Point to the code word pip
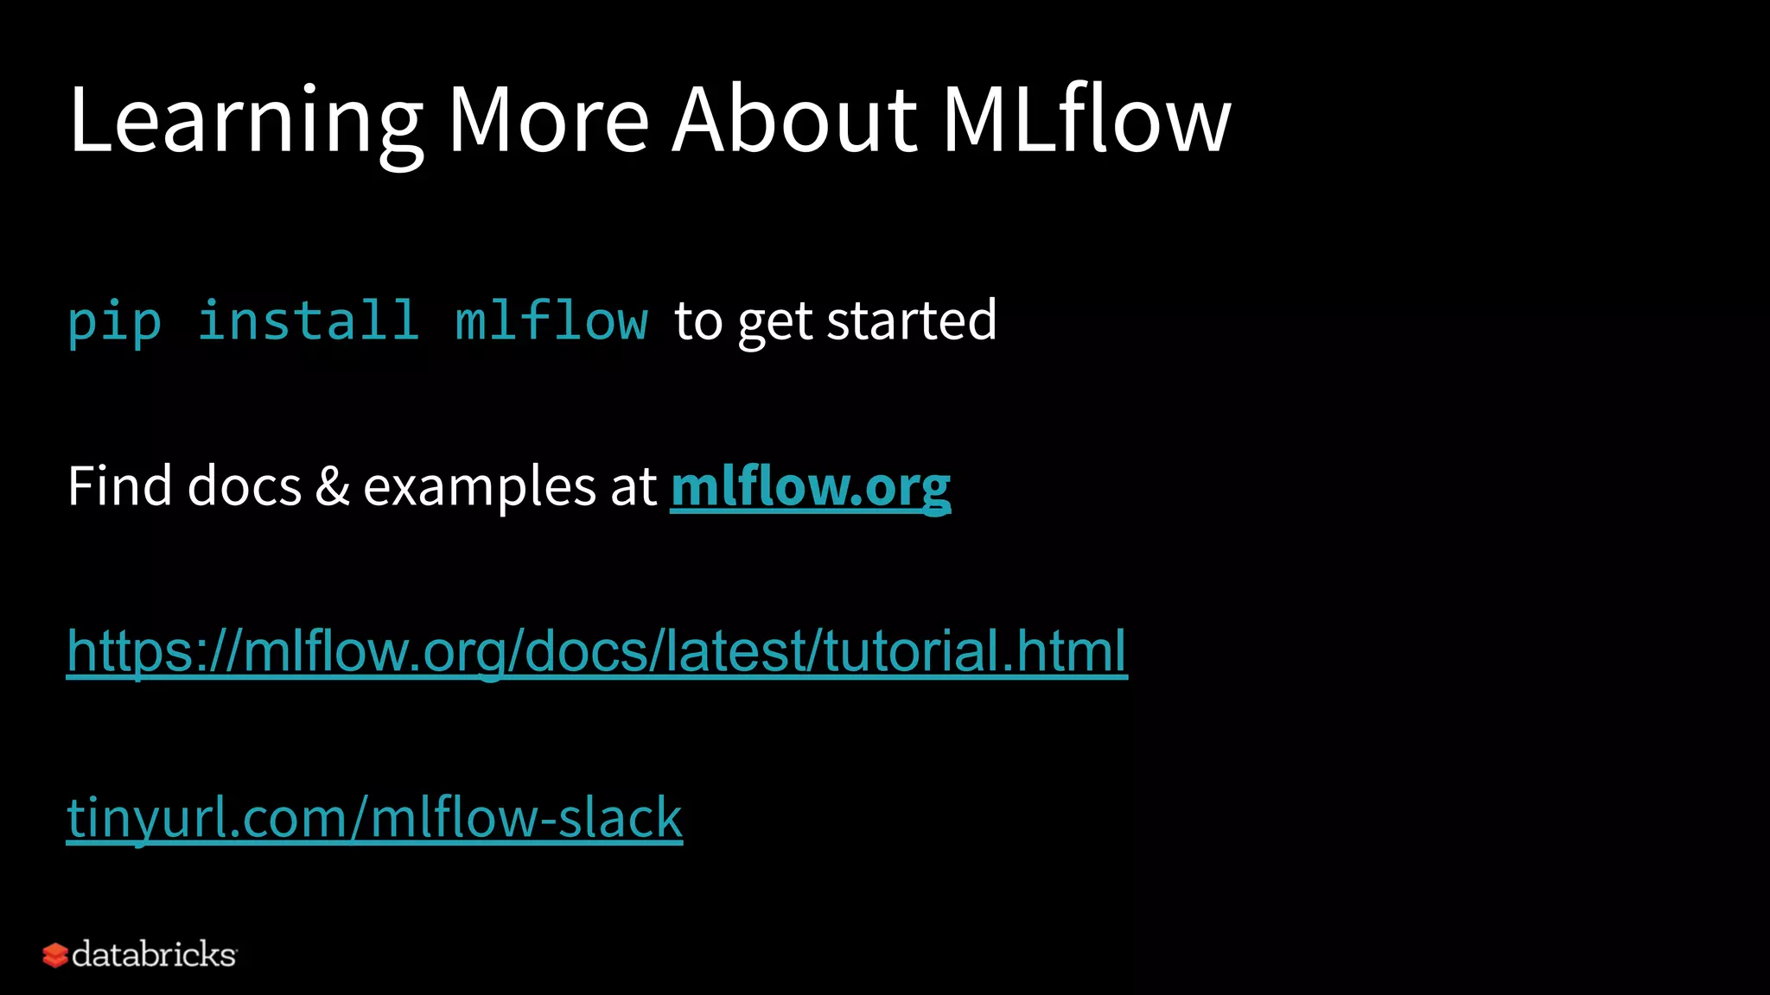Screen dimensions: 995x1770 [x=115, y=322]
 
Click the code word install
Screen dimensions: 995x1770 [x=309, y=320]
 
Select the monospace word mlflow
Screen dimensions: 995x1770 [x=551, y=320]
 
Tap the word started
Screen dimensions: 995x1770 [x=912, y=320]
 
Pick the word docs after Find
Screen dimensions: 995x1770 [x=245, y=486]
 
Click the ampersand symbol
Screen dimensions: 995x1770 [x=332, y=486]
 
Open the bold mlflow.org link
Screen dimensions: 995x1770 [x=810, y=486]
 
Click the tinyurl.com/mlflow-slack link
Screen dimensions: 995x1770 [x=374, y=817]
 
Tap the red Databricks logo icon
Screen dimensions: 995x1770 [x=54, y=955]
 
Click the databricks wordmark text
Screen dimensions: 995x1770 [x=154, y=954]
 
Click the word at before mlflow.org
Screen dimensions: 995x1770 [x=634, y=486]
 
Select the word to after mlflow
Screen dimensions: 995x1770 [x=697, y=321]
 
